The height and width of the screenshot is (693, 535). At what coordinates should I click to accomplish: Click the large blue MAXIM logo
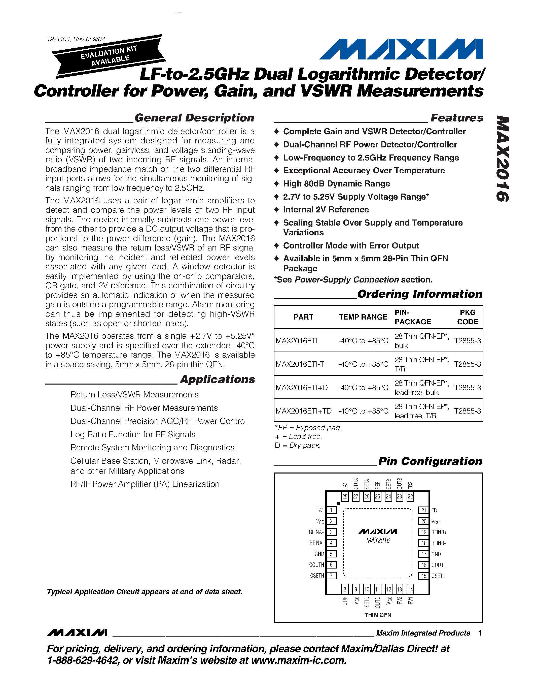tap(401, 49)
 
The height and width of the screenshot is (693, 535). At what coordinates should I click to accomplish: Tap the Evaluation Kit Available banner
tap(109, 56)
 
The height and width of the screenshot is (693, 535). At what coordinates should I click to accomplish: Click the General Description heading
tap(194, 118)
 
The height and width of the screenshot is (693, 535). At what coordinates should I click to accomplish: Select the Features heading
tap(456, 118)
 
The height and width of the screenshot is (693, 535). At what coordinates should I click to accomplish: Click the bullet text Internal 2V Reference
tap(326, 210)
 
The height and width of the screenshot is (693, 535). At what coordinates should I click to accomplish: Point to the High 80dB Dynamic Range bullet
tap(336, 184)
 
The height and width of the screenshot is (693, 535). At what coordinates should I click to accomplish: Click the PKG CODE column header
tap(467, 317)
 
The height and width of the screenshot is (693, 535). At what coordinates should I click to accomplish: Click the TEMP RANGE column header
tap(363, 317)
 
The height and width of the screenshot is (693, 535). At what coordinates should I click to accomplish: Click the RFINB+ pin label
tap(439, 532)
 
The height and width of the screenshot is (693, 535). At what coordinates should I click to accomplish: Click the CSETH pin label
tap(317, 576)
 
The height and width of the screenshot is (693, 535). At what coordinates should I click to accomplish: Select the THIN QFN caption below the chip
tap(378, 615)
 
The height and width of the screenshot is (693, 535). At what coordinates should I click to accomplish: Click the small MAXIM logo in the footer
tap(77, 633)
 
